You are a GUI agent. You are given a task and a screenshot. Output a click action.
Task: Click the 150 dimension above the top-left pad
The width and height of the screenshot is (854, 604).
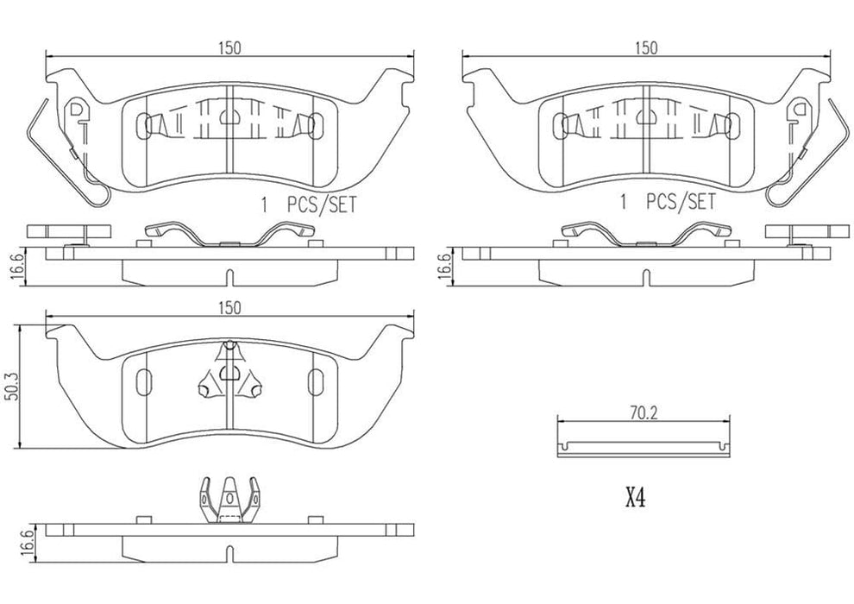pos(228,47)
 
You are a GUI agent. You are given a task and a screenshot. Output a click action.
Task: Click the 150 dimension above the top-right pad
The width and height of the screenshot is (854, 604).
pos(646,47)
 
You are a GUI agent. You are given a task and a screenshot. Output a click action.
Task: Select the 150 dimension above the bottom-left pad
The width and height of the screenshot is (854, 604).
pos(228,307)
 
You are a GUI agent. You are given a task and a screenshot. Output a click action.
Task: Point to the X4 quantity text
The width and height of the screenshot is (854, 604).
pos(636,498)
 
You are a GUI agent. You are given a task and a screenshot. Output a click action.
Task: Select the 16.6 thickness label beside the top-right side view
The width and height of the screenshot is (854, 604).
pos(443,263)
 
